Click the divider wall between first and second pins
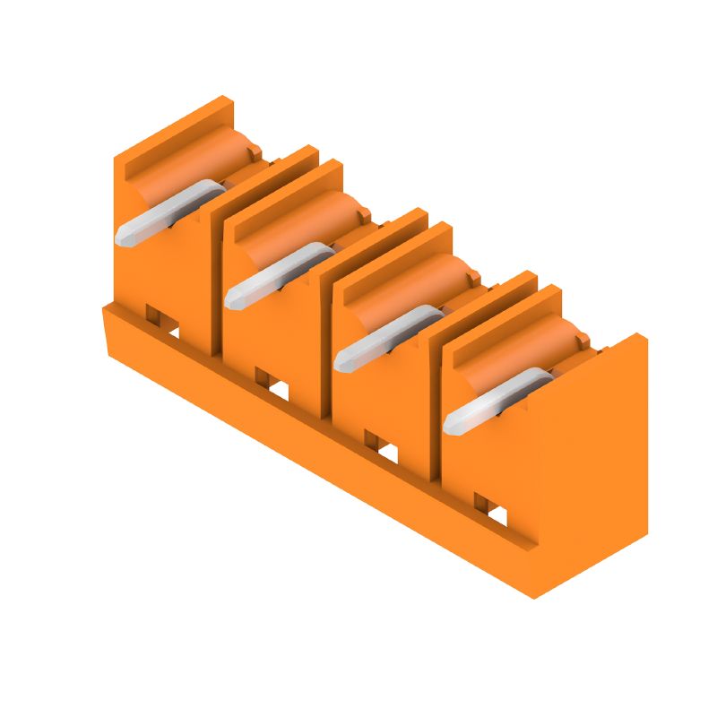(215, 269)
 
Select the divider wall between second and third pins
(324, 332)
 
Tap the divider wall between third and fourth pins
(434, 394)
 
